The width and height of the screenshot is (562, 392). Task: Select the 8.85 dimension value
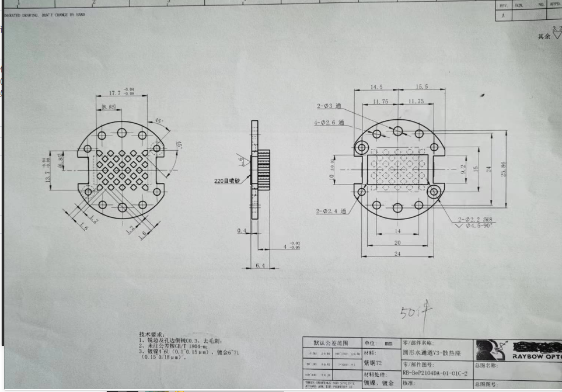tap(109, 107)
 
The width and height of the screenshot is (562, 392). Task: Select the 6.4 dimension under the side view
tap(260, 266)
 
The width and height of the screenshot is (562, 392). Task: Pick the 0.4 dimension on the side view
tap(242, 231)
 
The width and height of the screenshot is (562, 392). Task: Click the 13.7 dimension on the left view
tap(48, 169)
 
